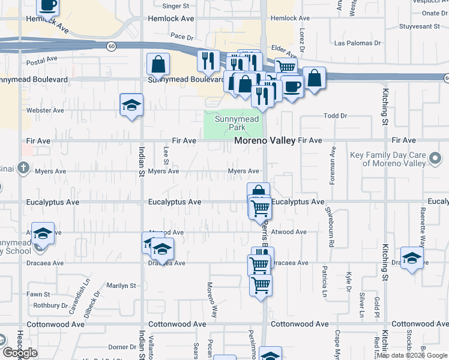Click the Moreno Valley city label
[x=264, y=140]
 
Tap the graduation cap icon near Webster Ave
[x=131, y=106]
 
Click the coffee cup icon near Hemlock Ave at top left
[x=48, y=5]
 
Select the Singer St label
[x=176, y=6]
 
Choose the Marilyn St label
[x=122, y=286]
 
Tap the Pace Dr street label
[x=181, y=36]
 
